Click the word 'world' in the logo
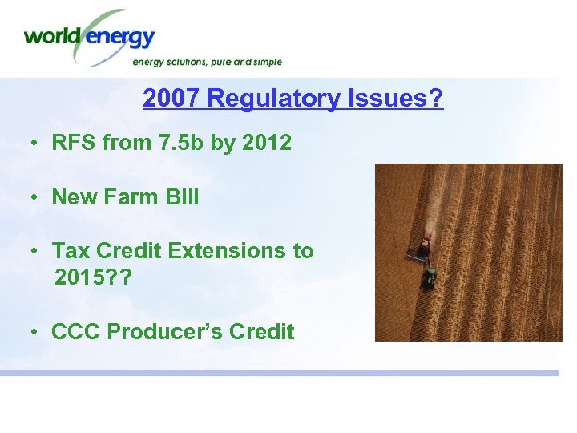pyautogui.click(x=52, y=36)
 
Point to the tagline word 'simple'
pyautogui.click(x=264, y=62)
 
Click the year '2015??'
pyautogui.click(x=88, y=278)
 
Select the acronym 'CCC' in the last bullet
pyautogui.click(x=75, y=331)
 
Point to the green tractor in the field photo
pyautogui.click(x=430, y=278)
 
